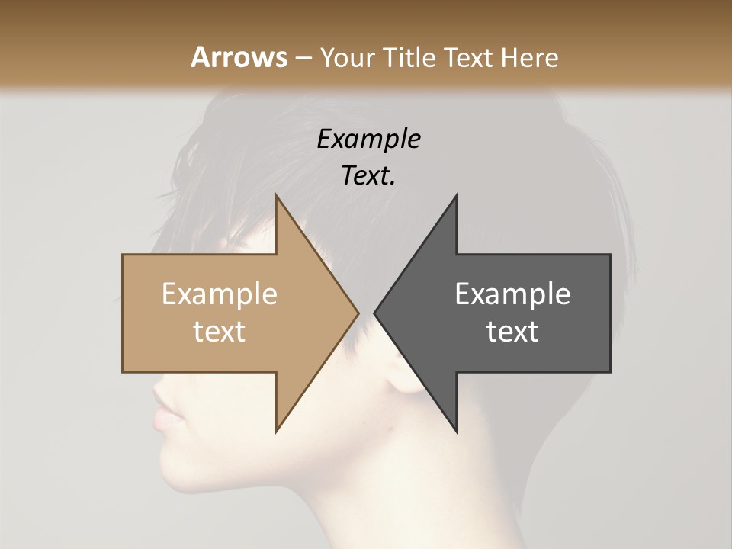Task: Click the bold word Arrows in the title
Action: (238, 57)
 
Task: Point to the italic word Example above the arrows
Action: (368, 139)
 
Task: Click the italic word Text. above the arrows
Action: (368, 175)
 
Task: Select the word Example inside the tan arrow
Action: (219, 294)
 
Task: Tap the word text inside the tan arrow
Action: (219, 331)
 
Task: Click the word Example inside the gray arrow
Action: (512, 294)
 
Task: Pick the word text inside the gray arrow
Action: (512, 331)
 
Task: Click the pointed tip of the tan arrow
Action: (358, 313)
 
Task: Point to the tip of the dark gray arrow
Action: (375, 313)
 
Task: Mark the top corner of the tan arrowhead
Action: (276, 195)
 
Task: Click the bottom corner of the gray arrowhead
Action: (457, 432)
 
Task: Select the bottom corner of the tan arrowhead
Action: (276, 432)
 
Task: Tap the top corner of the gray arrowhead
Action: (457, 195)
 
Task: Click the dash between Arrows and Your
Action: (303, 59)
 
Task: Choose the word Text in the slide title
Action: (470, 57)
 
